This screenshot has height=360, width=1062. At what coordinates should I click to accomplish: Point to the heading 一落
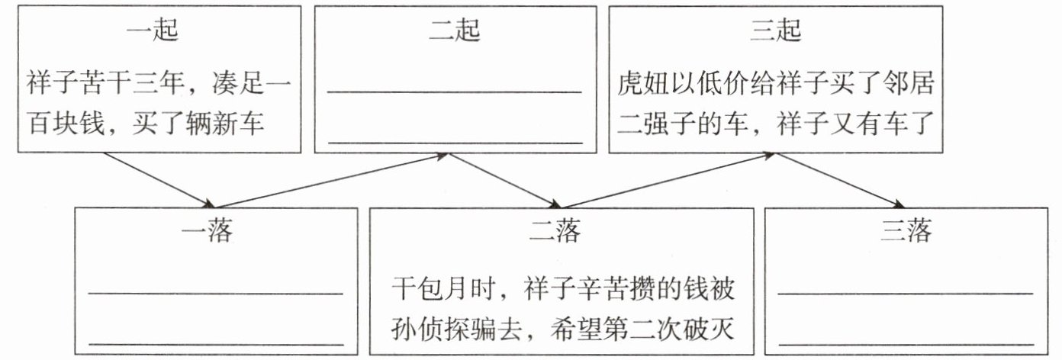tap(208, 230)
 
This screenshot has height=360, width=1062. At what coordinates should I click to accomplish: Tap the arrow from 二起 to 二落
tap(504, 179)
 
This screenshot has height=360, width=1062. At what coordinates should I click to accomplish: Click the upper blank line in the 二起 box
tap(455, 92)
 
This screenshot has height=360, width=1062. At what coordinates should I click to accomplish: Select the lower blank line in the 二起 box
tap(455, 142)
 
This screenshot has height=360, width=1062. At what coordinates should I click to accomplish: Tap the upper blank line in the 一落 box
tap(216, 292)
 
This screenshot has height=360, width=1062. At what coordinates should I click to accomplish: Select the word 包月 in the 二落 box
tap(449, 290)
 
